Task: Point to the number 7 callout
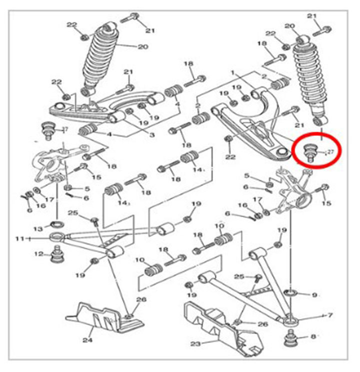point(329,316)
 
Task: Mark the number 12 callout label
point(38,254)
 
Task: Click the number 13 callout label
point(38,228)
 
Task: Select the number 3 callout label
point(152,135)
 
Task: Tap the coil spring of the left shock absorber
point(102,57)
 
